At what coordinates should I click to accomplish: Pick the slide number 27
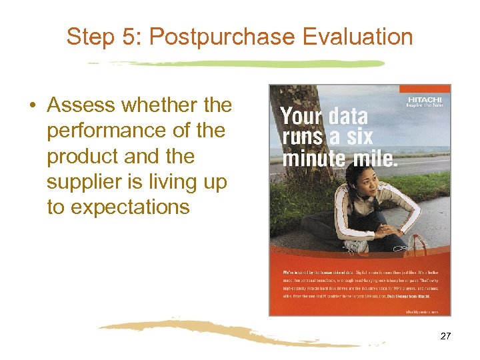click(446, 336)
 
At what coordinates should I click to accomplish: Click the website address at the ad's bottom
click(425, 310)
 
